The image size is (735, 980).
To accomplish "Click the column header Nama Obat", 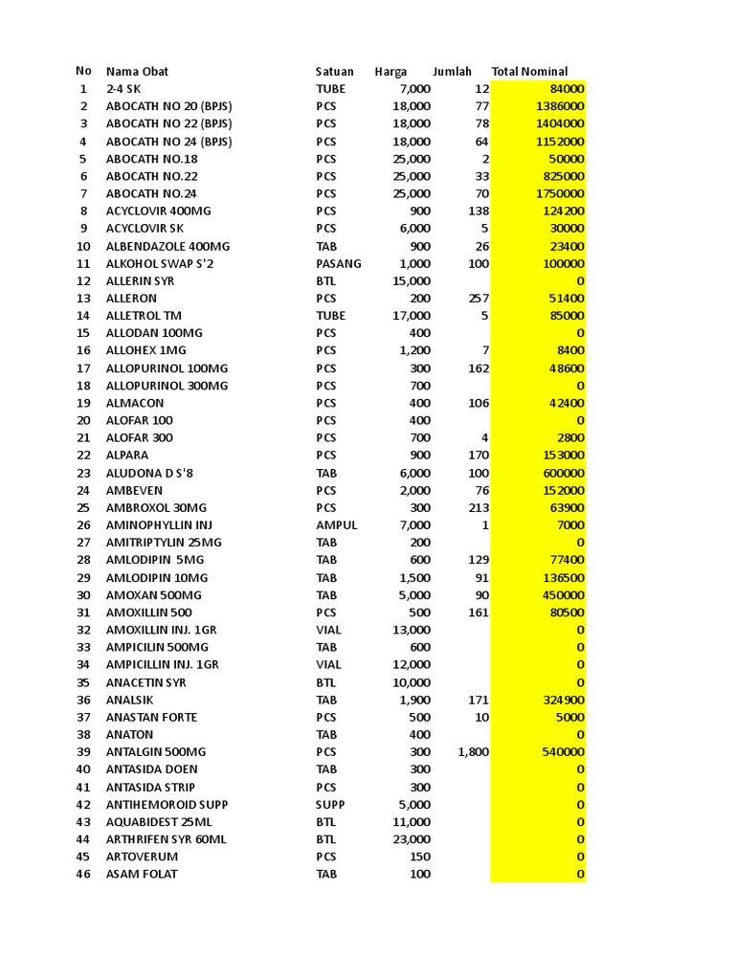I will coord(137,72).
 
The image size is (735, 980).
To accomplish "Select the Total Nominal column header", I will coord(529,72).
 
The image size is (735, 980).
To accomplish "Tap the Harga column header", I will coord(390,72).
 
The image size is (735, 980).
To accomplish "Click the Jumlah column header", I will coord(452,72).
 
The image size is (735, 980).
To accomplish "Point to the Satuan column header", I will coord(334,72).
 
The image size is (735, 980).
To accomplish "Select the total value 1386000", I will coord(561,106).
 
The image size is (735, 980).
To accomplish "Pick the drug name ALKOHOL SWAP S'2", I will coord(160,263).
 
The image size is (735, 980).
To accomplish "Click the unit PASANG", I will coord(339,263).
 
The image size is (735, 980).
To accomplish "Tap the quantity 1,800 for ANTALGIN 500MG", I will coord(473,752).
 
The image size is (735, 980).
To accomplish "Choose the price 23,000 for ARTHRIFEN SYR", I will coord(412,839).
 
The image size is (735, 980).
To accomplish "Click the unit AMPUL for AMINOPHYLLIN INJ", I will coord(336,525).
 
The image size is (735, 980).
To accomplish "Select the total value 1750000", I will coord(561,193).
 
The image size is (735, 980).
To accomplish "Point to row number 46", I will coord(83,874).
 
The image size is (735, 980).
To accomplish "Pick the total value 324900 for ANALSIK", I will coord(564,700).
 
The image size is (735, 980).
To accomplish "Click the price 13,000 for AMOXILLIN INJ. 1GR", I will coord(412,630).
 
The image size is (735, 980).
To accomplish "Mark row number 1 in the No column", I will coord(83,89).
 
